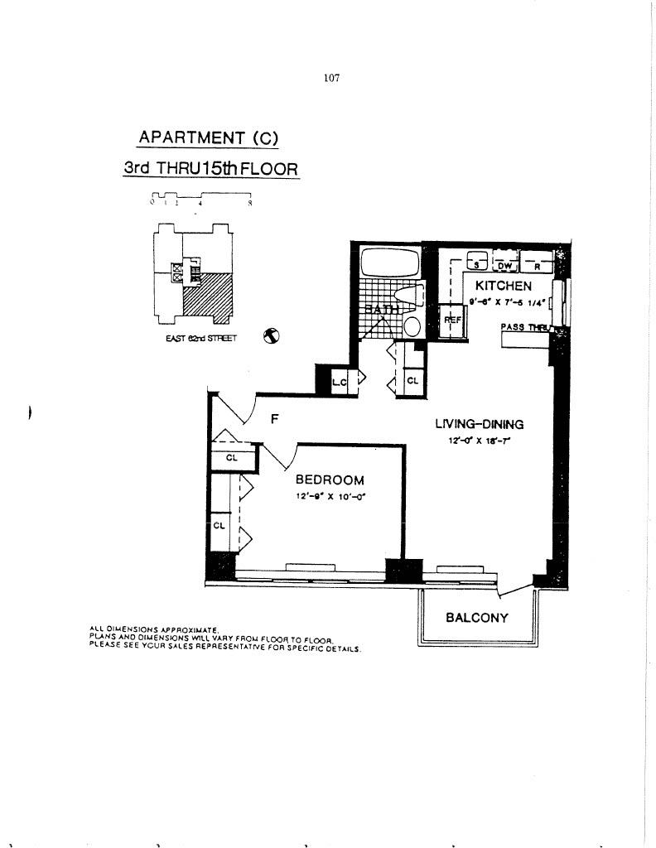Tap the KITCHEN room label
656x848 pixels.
pyautogui.click(x=503, y=286)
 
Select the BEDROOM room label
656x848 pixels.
pyautogui.click(x=330, y=480)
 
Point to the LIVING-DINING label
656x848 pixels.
pyautogui.click(x=479, y=424)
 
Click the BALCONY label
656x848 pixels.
pyautogui.click(x=476, y=618)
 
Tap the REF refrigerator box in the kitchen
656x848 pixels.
pyautogui.click(x=453, y=320)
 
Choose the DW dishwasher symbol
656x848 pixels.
pyautogui.click(x=505, y=265)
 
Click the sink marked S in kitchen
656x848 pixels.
pyautogui.click(x=476, y=264)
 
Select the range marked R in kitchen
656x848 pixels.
pyautogui.click(x=536, y=265)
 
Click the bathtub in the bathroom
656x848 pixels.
pyautogui.click(x=390, y=263)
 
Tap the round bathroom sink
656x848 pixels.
pyautogui.click(x=412, y=325)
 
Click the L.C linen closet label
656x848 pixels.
pyautogui.click(x=338, y=382)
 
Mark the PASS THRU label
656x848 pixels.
pyautogui.click(x=524, y=328)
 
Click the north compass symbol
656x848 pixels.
pyautogui.click(x=270, y=336)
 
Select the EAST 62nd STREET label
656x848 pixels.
pyautogui.click(x=202, y=338)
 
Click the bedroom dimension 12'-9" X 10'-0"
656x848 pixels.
pyautogui.click(x=330, y=496)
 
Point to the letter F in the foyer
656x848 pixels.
pyautogui.click(x=274, y=419)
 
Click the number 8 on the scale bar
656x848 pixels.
pyautogui.click(x=249, y=201)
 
